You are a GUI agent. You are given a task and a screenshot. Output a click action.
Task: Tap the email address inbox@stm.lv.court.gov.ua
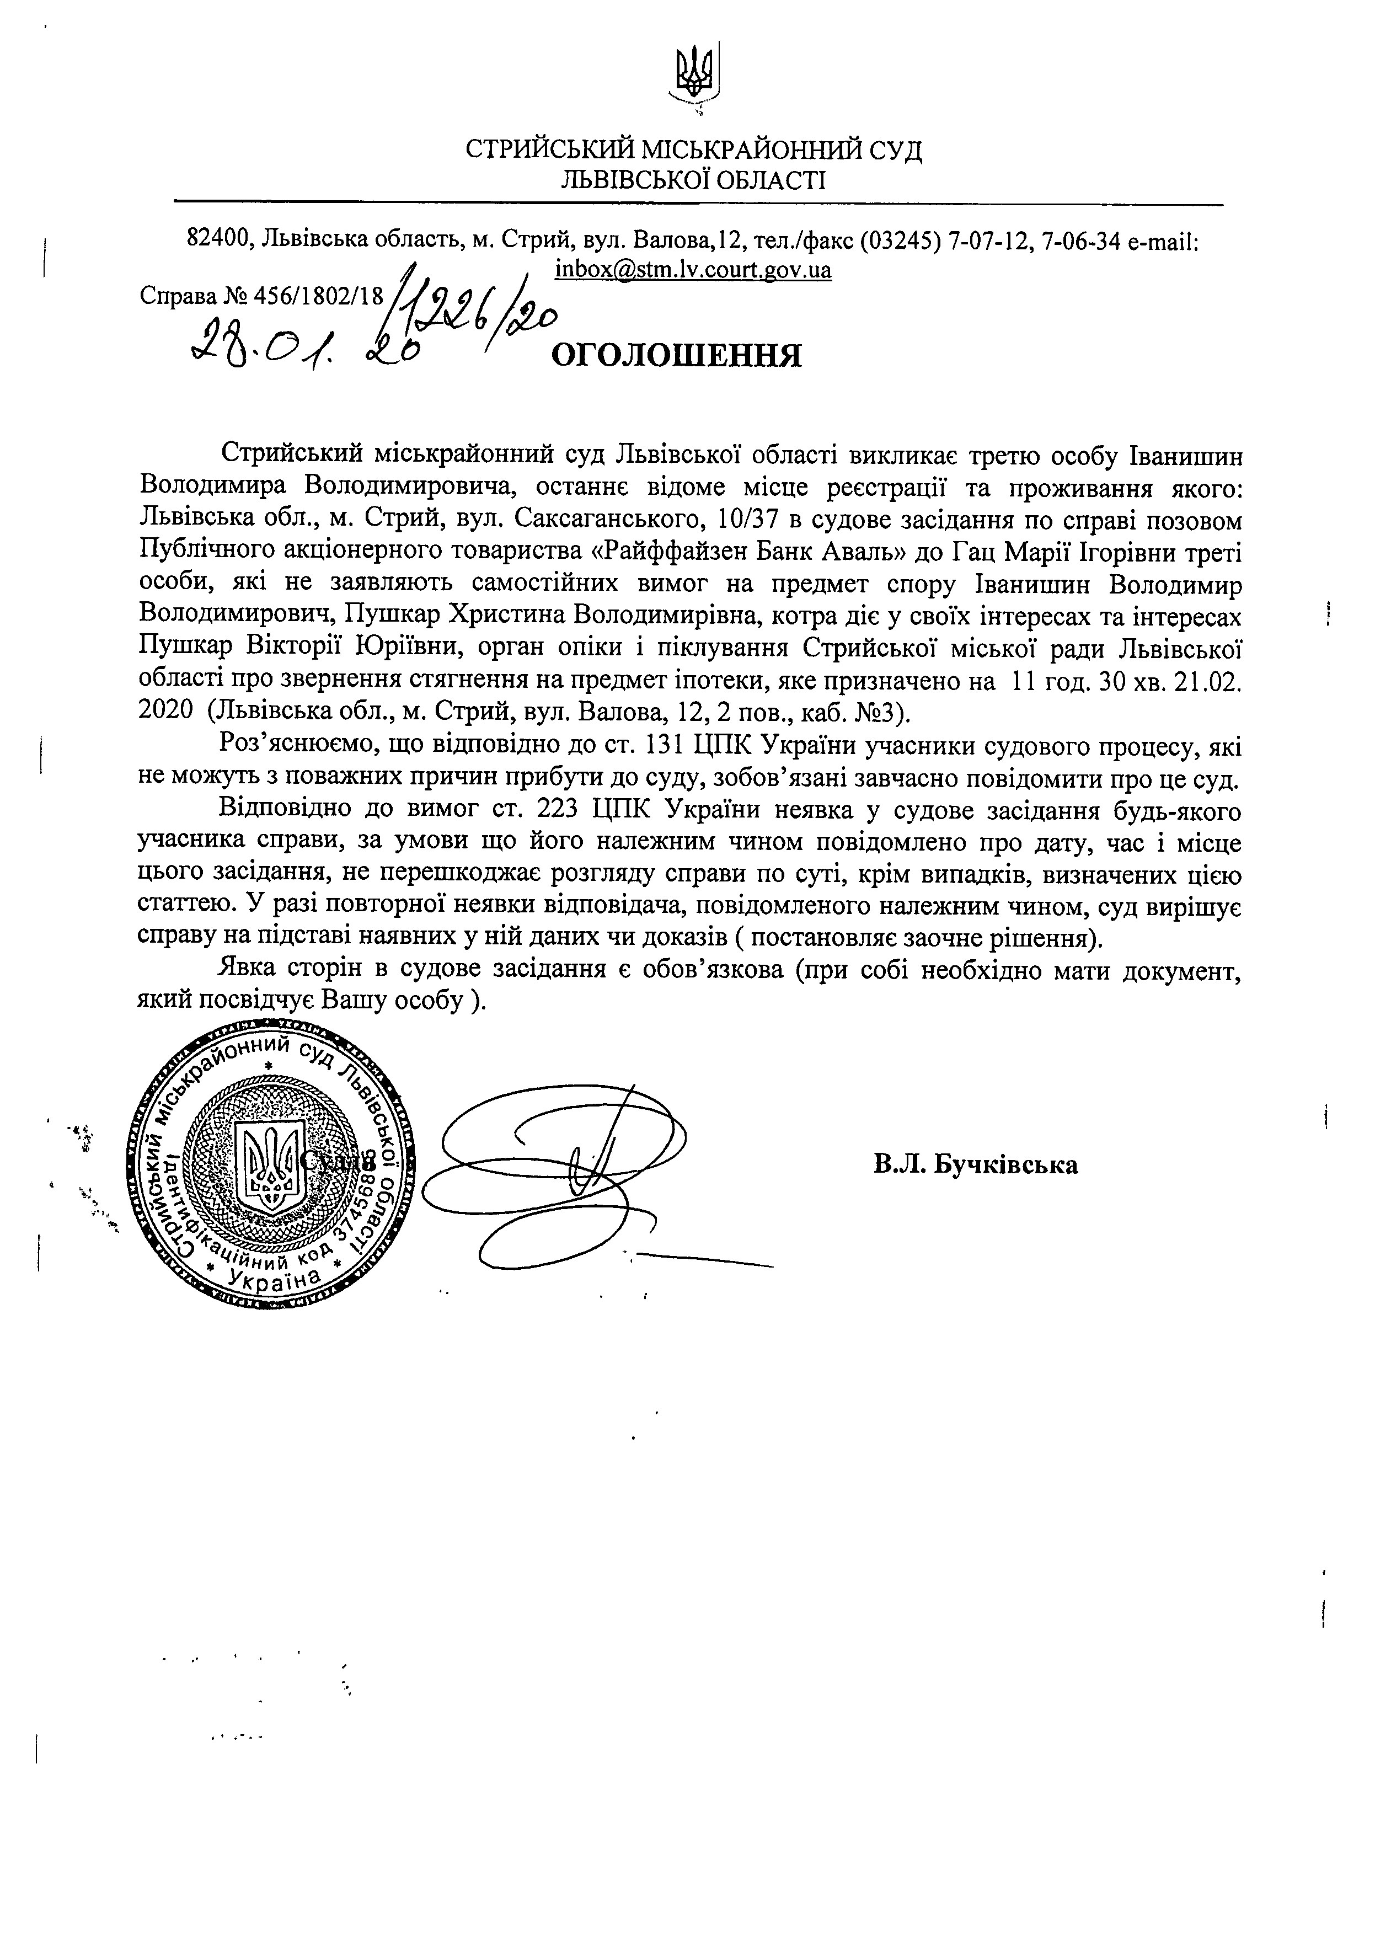tap(693, 270)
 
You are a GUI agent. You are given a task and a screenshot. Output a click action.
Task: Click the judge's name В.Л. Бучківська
tap(976, 1163)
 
